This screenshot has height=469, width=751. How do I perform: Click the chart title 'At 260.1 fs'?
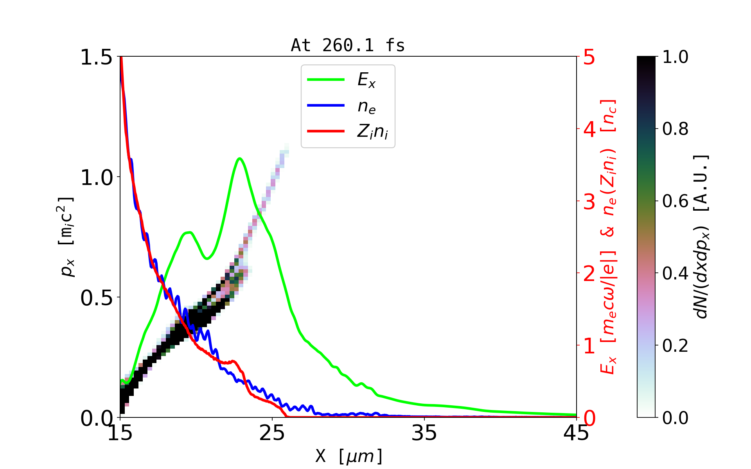(x=348, y=46)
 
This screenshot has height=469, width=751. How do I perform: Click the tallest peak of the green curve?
(x=239, y=158)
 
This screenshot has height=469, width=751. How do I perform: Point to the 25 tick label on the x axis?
(x=272, y=433)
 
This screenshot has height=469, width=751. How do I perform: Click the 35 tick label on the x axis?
(x=424, y=433)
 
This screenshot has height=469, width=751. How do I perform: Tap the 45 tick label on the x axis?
(x=577, y=433)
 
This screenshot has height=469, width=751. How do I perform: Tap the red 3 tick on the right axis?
(x=589, y=202)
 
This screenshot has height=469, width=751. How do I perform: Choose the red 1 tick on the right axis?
(x=589, y=346)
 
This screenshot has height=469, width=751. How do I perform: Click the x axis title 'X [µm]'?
(x=349, y=456)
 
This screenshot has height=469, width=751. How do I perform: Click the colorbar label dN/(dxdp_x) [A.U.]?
(x=702, y=236)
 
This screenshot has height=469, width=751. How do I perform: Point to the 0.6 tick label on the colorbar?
(x=675, y=201)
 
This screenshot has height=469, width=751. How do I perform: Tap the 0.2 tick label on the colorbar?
(x=675, y=345)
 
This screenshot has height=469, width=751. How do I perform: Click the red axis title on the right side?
(x=609, y=236)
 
